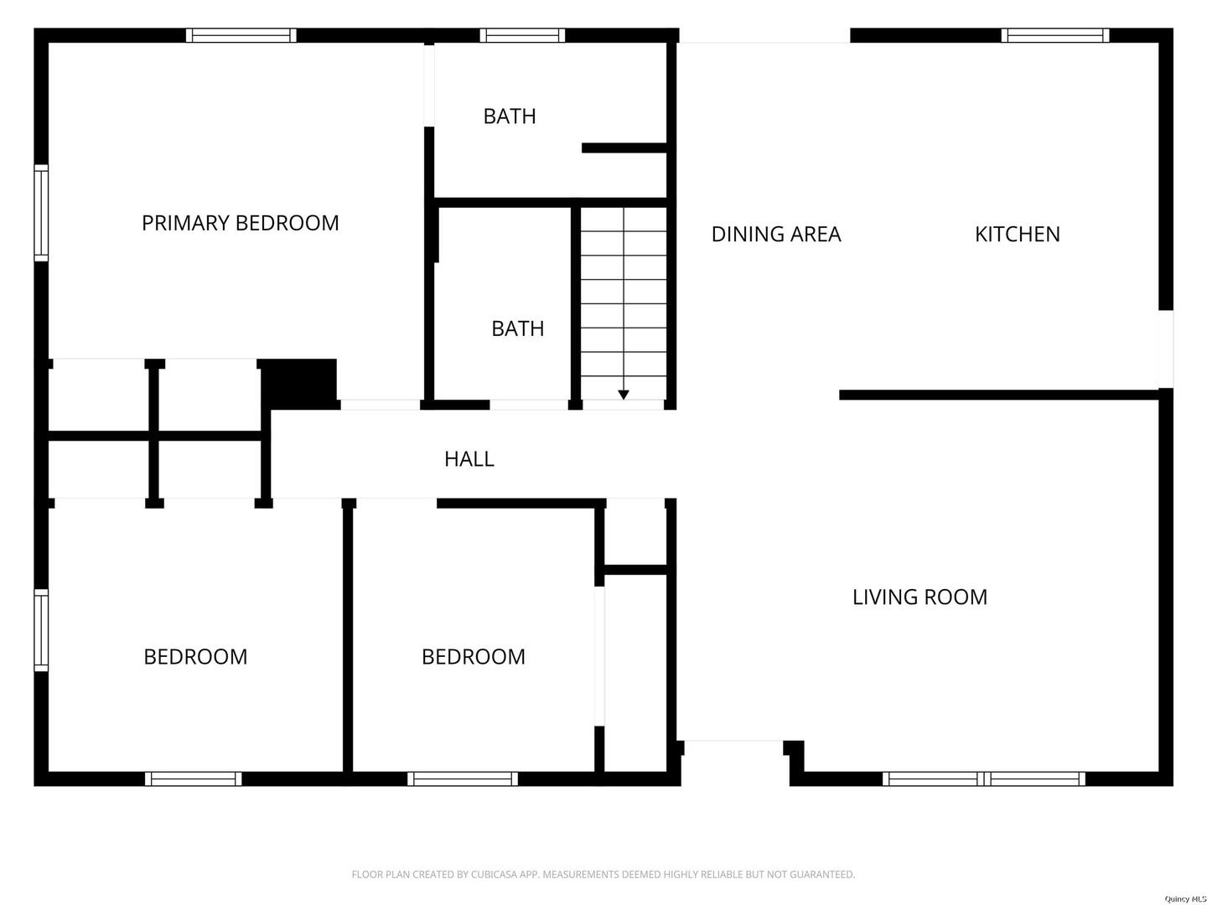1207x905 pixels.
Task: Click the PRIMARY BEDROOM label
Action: tap(241, 223)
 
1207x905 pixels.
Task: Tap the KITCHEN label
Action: tap(1017, 234)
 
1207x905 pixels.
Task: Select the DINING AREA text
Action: tap(776, 234)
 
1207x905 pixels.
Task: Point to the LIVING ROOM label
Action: tap(919, 597)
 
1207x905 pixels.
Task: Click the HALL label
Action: tap(469, 459)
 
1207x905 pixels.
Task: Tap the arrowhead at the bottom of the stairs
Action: tap(623, 395)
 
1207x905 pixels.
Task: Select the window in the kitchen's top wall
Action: tap(1054, 36)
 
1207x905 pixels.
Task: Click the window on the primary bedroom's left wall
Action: tap(41, 213)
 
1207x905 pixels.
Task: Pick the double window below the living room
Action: tap(984, 778)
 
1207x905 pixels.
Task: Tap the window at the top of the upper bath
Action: tap(522, 36)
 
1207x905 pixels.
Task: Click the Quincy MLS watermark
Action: tap(1185, 899)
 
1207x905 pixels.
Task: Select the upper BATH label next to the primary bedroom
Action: tap(509, 116)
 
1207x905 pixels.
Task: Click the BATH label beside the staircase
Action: tap(517, 328)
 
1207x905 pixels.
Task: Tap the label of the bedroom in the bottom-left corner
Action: tap(195, 657)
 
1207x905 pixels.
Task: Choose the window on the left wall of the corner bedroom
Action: tap(41, 629)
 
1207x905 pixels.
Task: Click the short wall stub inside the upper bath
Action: tap(624, 147)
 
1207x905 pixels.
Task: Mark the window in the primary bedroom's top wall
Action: tap(241, 36)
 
